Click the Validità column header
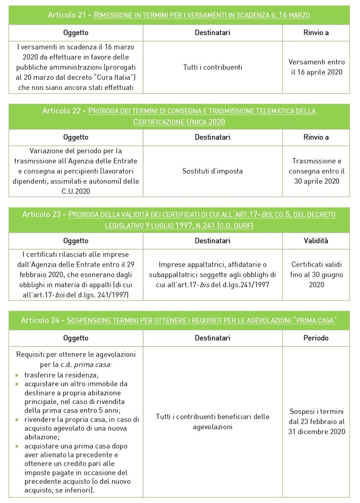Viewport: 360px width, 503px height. pyautogui.click(x=316, y=241)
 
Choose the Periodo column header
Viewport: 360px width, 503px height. pyautogui.click(x=316, y=338)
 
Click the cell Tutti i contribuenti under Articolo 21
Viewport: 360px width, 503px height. pyautogui.click(x=213, y=67)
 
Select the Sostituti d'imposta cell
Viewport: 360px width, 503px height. pyautogui.click(x=213, y=171)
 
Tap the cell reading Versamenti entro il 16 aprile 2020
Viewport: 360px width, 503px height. pyautogui.click(x=316, y=67)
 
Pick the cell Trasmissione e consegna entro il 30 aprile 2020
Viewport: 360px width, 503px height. pyautogui.click(x=316, y=171)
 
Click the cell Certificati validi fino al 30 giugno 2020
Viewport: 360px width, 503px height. pyautogui.click(x=316, y=274)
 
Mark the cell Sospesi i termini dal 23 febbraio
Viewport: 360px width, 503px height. pyautogui.click(x=316, y=421)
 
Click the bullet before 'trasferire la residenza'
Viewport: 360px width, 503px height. pyautogui.click(x=17, y=375)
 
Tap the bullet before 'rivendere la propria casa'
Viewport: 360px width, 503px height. pyautogui.click(x=17, y=419)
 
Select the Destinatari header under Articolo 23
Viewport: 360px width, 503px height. pyautogui.click(x=213, y=241)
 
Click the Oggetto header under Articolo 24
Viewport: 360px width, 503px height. pyautogui.click(x=76, y=338)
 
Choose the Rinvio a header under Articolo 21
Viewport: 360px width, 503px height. pyautogui.click(x=316, y=33)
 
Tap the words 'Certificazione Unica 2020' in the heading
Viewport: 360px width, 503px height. pyautogui.click(x=179, y=122)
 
